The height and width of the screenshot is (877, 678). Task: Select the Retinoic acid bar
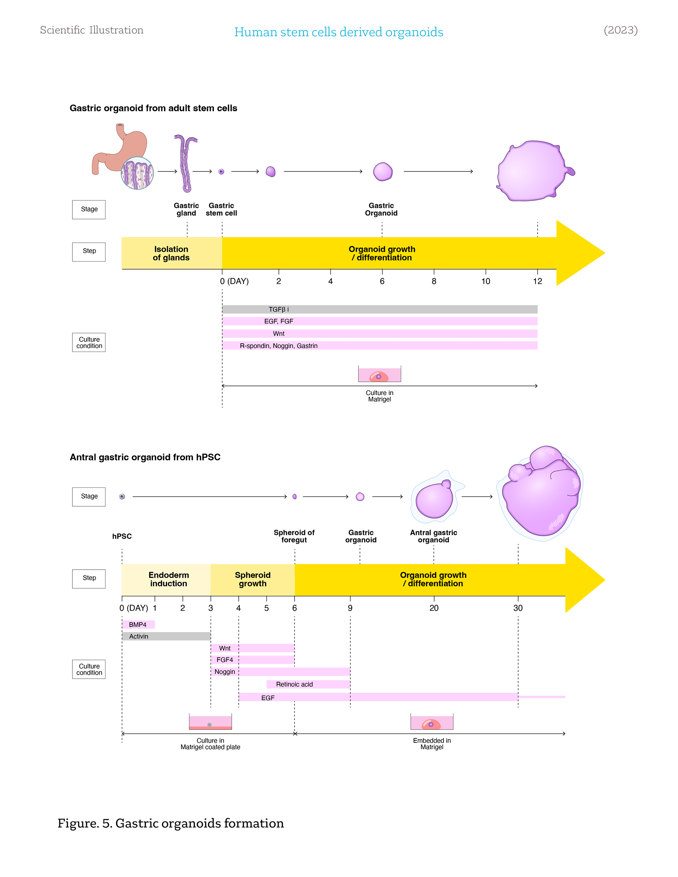[x=308, y=684]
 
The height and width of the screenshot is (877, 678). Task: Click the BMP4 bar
[x=138, y=624]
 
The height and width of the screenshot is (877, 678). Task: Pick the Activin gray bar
[x=166, y=636]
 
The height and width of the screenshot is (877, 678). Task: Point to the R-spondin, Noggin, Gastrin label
[x=279, y=346]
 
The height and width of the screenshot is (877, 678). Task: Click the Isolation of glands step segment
[x=172, y=253]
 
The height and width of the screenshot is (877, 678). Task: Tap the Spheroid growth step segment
[x=252, y=579]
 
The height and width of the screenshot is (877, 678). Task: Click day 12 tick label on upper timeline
[x=537, y=281]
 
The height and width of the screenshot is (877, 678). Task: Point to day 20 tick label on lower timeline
[x=434, y=608]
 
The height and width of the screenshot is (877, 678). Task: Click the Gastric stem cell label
[x=221, y=209]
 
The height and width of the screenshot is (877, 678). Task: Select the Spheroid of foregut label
[x=294, y=536]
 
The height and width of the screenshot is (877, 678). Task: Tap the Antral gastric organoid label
[x=433, y=536]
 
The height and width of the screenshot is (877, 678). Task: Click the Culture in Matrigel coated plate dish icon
[x=210, y=722]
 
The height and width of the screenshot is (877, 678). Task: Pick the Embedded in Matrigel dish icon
[x=432, y=722]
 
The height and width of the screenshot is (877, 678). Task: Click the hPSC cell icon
[x=122, y=497]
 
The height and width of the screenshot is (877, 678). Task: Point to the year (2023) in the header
[x=620, y=30]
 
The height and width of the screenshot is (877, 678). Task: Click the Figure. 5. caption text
[x=171, y=823]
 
